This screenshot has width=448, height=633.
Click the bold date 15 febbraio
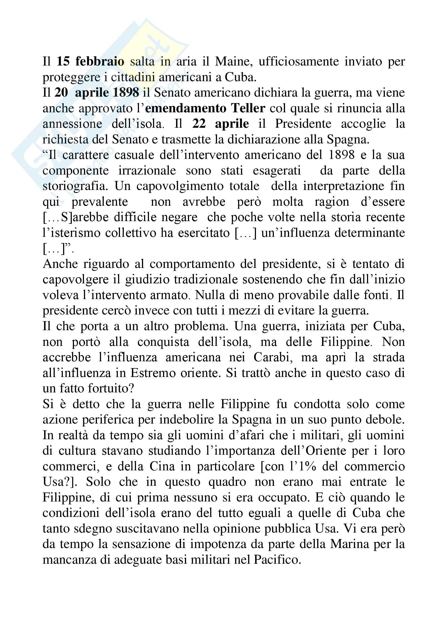coord(90,61)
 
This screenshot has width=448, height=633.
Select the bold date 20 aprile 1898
coord(96,93)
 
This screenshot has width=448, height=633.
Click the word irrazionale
coord(147,170)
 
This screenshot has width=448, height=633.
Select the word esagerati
coord(277,170)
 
